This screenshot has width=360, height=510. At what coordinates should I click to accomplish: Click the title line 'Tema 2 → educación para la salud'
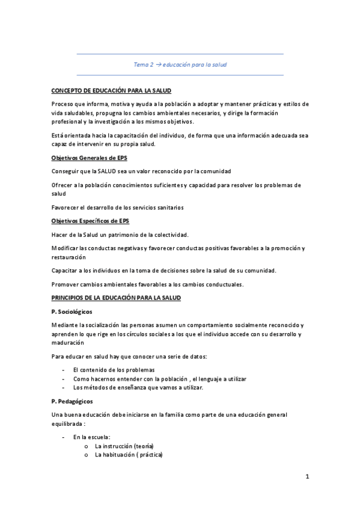180,64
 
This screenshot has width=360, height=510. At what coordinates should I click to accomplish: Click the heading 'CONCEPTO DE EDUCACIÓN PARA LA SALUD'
111,90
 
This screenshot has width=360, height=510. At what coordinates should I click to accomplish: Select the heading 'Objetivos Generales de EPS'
90,159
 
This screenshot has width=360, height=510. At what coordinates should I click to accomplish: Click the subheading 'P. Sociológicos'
72,312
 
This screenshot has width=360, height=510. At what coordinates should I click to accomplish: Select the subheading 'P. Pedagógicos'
72,401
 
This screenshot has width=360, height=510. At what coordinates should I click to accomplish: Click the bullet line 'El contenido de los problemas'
114,370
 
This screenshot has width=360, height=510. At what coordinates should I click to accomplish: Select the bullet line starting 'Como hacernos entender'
159,379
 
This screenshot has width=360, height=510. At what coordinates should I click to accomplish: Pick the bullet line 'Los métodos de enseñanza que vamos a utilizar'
138,387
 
